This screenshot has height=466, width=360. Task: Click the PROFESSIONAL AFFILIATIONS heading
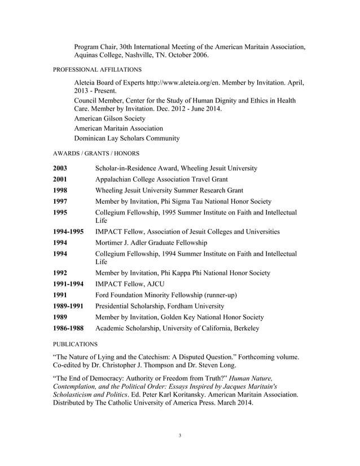(97, 69)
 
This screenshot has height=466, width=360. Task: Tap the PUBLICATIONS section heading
(75, 343)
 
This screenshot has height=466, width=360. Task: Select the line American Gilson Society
(109, 118)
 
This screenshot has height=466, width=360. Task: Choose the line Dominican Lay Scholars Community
(127, 138)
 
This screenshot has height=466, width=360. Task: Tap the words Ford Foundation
(123, 295)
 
